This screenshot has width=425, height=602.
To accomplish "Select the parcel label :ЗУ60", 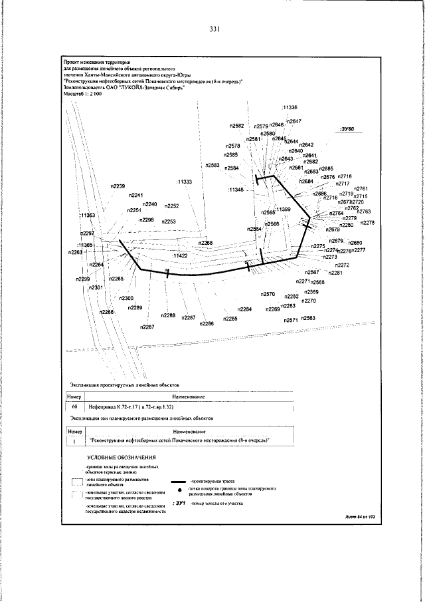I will click(347, 128).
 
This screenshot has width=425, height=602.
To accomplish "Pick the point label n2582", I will click(237, 125).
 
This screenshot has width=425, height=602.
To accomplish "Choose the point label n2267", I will click(147, 327).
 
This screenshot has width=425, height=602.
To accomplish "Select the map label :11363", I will click(87, 216).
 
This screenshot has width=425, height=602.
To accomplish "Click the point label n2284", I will click(244, 310).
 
